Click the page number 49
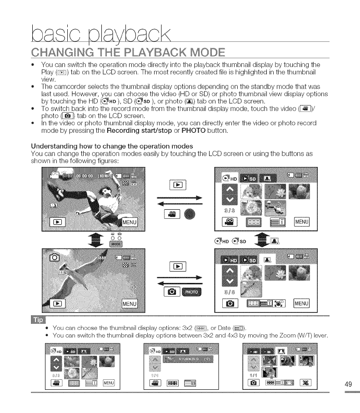click(x=349, y=384)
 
